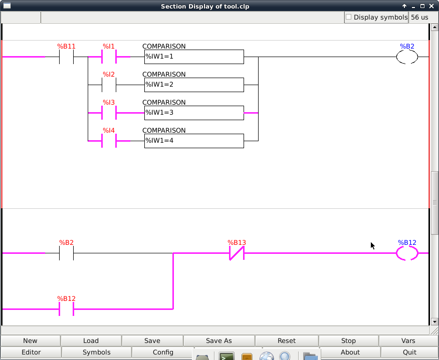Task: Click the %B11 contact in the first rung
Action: click(x=66, y=57)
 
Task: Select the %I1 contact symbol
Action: click(x=109, y=57)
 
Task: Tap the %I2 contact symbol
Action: click(x=109, y=85)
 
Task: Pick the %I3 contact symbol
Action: click(x=109, y=113)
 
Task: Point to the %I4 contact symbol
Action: click(x=109, y=141)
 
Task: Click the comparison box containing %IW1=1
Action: click(x=194, y=57)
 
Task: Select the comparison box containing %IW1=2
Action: click(x=194, y=85)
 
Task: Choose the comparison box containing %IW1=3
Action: click(x=194, y=113)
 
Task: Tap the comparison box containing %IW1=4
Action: click(x=194, y=141)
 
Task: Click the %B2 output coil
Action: click(x=407, y=57)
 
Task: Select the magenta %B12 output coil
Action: click(x=407, y=253)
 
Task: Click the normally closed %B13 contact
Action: click(x=237, y=253)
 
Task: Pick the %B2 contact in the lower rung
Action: click(x=66, y=253)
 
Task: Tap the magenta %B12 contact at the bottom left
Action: click(x=66, y=309)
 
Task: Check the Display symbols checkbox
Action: click(x=349, y=17)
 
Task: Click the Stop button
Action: click(x=348, y=340)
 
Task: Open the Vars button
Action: click(x=408, y=340)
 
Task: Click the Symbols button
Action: click(x=97, y=352)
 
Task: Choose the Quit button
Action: click(x=409, y=352)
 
